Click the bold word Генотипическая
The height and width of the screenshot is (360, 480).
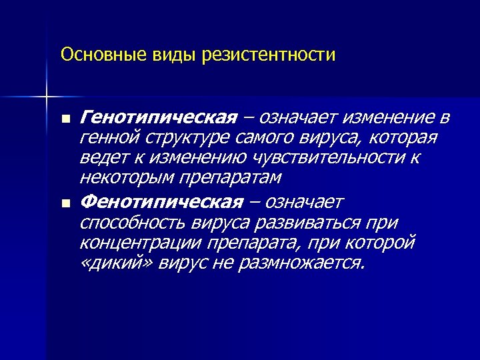click(x=157, y=118)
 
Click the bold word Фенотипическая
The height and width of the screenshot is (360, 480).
click(x=161, y=202)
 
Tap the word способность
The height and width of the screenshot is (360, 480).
click(x=134, y=222)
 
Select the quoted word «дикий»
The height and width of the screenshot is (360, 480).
click(x=109, y=262)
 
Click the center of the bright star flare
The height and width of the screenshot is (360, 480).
click(x=47, y=98)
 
